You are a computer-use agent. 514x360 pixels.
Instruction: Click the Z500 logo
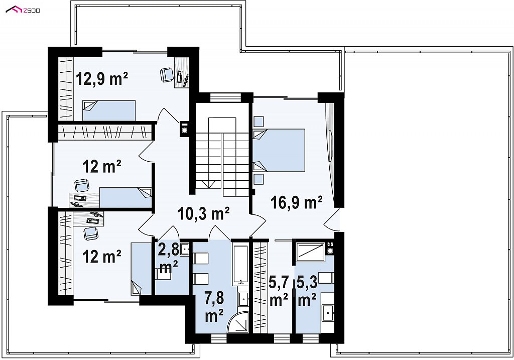[x=23, y=10]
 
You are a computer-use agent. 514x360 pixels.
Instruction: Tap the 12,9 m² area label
[x=102, y=79]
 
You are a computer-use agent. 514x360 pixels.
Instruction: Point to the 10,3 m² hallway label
[x=203, y=214]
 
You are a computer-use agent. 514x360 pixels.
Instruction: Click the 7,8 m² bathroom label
[x=214, y=307]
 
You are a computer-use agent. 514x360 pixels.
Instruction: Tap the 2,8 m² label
[x=169, y=258]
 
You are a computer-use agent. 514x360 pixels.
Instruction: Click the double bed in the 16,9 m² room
[x=279, y=150]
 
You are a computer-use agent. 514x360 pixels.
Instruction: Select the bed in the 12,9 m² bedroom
[x=109, y=110]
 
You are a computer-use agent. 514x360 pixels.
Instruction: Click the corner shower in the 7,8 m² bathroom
[x=238, y=322]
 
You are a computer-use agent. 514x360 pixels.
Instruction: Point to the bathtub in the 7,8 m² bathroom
[x=241, y=264]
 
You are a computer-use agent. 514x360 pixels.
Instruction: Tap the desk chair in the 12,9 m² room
[x=167, y=74]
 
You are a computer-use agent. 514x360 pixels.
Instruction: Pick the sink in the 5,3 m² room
[x=328, y=313]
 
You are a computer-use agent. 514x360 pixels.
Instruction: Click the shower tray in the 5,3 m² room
[x=310, y=252]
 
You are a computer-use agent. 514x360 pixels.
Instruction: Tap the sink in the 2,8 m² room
[x=185, y=249]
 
